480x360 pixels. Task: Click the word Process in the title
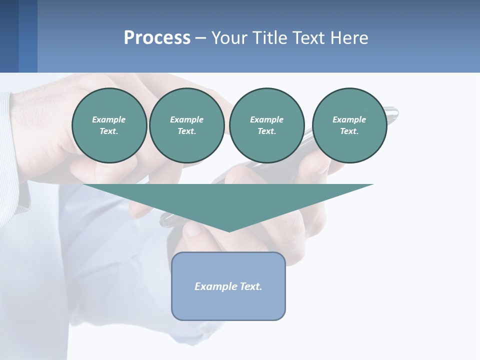tap(157, 38)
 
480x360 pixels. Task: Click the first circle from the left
tap(109, 125)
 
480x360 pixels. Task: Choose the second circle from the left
tap(186, 125)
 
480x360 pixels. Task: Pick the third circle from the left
tap(266, 125)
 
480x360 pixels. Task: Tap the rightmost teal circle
tap(349, 125)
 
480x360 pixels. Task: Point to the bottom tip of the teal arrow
tap(229, 231)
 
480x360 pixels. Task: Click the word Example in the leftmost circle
tap(109, 119)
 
